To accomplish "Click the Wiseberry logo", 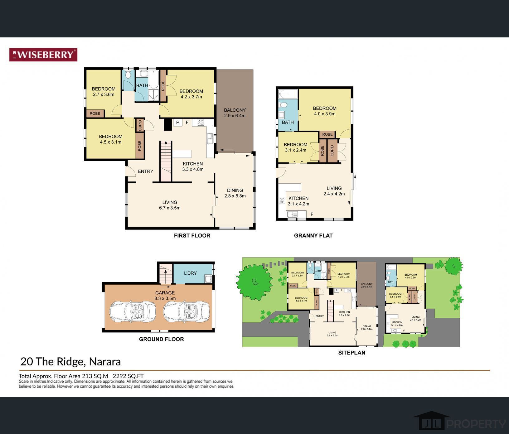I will pos(43,55).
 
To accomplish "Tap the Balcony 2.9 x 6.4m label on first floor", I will pos(235,113).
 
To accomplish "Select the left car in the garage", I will pos(133,311).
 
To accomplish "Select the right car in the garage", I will pos(186,311).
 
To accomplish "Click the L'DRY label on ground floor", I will pos(190,273).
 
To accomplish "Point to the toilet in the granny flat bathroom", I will pos(284,104).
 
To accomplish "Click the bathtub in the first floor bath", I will pos(154,80).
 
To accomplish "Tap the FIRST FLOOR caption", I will pos(192,236).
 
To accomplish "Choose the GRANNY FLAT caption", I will pos(313,236).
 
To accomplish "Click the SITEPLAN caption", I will pos(351,353).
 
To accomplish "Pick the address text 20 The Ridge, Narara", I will pos(70,362).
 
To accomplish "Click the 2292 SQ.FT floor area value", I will pos(128,376).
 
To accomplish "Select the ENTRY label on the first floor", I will pos(145,171).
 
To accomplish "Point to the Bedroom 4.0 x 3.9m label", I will pos(324,111).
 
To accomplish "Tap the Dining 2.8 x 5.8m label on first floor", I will pos(235,193).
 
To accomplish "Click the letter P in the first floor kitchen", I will pos(177,123).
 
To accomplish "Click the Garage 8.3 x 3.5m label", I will pos(165,295).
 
